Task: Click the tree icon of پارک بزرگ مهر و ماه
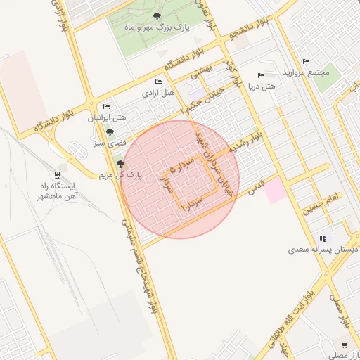156,16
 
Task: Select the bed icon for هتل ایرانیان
106,106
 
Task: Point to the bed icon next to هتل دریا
262,75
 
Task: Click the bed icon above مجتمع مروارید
305,61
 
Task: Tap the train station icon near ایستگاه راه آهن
56,174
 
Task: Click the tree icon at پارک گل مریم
120,164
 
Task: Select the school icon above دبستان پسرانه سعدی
323,238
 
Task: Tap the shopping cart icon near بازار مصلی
345,345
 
